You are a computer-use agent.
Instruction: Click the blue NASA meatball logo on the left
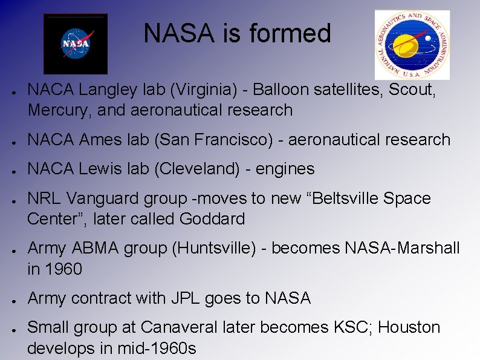(76, 44)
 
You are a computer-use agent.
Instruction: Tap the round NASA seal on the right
(412, 45)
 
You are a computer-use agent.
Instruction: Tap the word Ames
(100, 140)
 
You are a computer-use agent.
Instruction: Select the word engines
(285, 169)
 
